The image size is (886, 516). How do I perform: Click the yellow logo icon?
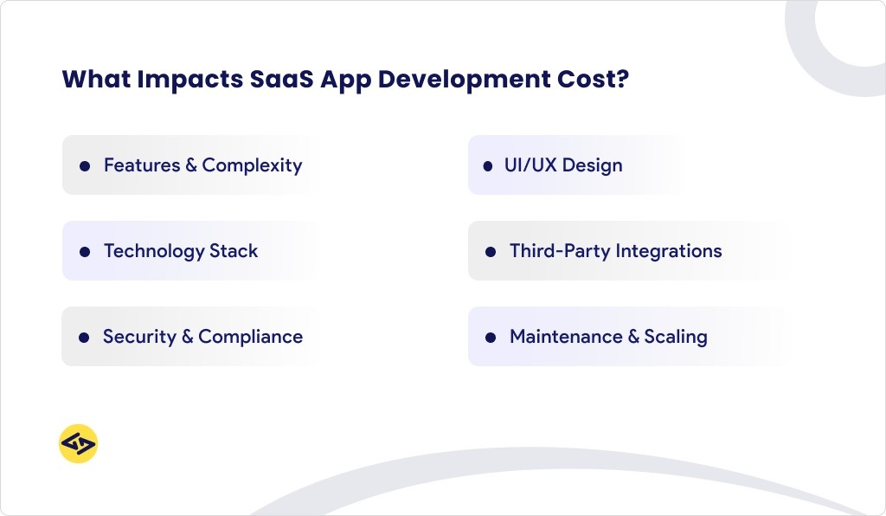(x=78, y=444)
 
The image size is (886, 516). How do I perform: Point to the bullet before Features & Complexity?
(x=85, y=165)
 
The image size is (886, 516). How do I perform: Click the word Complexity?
(x=252, y=165)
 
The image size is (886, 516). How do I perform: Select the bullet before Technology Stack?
(x=85, y=252)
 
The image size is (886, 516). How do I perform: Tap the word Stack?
(x=234, y=251)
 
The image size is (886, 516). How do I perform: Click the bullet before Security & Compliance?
(x=85, y=338)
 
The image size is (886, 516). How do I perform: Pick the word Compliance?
(x=251, y=337)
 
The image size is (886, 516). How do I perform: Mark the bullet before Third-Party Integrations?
(x=491, y=252)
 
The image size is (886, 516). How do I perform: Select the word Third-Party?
(x=559, y=251)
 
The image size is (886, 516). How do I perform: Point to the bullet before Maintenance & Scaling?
(x=491, y=338)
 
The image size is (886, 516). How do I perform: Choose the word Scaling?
(x=676, y=338)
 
